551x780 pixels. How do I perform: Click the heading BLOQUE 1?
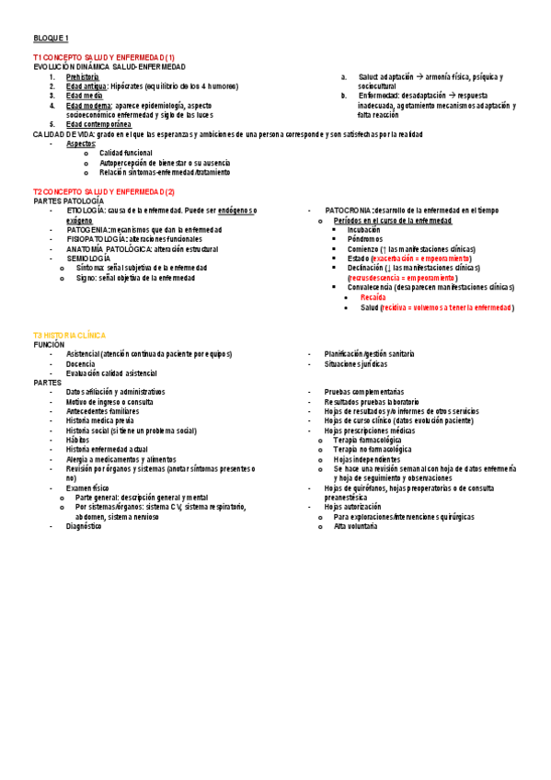click(x=51, y=38)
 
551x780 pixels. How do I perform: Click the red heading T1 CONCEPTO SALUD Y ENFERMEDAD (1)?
click(x=104, y=58)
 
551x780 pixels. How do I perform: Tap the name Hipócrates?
click(x=128, y=86)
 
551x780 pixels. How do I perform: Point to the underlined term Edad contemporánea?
click(x=99, y=124)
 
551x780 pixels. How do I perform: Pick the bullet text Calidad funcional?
click(x=126, y=153)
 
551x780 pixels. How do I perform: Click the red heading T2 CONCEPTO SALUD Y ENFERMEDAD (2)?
click(x=104, y=191)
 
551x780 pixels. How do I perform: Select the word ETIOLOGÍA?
click(x=86, y=211)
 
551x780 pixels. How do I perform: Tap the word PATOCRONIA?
click(x=347, y=211)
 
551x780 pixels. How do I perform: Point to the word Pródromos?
click(x=365, y=239)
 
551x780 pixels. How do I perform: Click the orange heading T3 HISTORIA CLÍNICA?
click(x=70, y=336)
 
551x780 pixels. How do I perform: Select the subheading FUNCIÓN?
click(x=49, y=344)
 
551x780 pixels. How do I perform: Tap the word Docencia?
click(x=81, y=363)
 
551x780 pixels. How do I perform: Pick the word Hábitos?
click(x=77, y=440)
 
